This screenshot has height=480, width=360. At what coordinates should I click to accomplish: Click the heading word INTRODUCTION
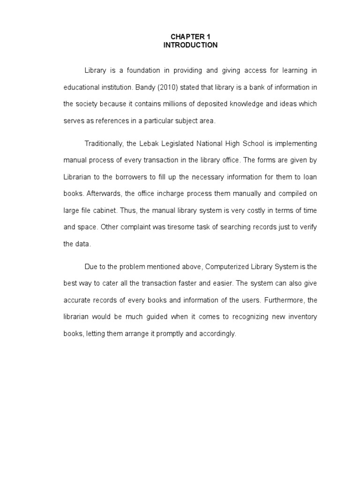click(x=190, y=45)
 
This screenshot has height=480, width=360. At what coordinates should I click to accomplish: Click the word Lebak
click(x=152, y=143)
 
